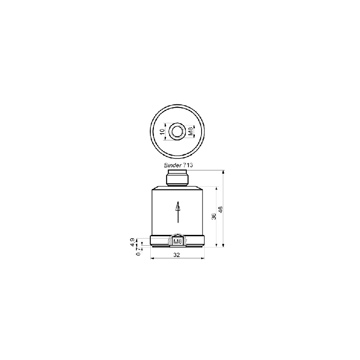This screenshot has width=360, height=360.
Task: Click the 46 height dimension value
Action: click(x=220, y=209)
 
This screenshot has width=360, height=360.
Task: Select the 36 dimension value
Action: click(x=214, y=216)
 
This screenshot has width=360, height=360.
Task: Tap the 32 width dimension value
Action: click(x=176, y=255)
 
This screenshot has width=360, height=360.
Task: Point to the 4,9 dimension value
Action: click(x=132, y=242)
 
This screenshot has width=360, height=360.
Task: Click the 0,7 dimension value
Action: click(x=138, y=252)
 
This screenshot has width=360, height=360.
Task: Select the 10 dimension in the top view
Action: click(x=162, y=131)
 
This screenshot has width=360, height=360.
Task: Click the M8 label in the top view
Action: click(x=190, y=131)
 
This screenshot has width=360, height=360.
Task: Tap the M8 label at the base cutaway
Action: click(x=178, y=242)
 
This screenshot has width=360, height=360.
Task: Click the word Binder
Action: click(x=173, y=165)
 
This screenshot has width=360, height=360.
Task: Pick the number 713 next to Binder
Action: click(x=188, y=165)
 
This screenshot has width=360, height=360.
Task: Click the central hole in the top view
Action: click(x=177, y=132)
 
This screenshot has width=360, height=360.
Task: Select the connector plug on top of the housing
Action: click(x=177, y=178)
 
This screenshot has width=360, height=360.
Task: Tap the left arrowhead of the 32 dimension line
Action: click(x=152, y=258)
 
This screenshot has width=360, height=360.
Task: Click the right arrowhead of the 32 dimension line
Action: click(x=202, y=258)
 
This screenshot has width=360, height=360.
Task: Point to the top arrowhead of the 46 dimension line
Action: click(x=223, y=172)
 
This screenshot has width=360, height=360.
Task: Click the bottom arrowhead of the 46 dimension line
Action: click(x=223, y=245)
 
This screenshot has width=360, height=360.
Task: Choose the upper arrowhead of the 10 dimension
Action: click(x=165, y=125)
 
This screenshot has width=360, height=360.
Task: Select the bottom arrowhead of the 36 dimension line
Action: click(x=216, y=245)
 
